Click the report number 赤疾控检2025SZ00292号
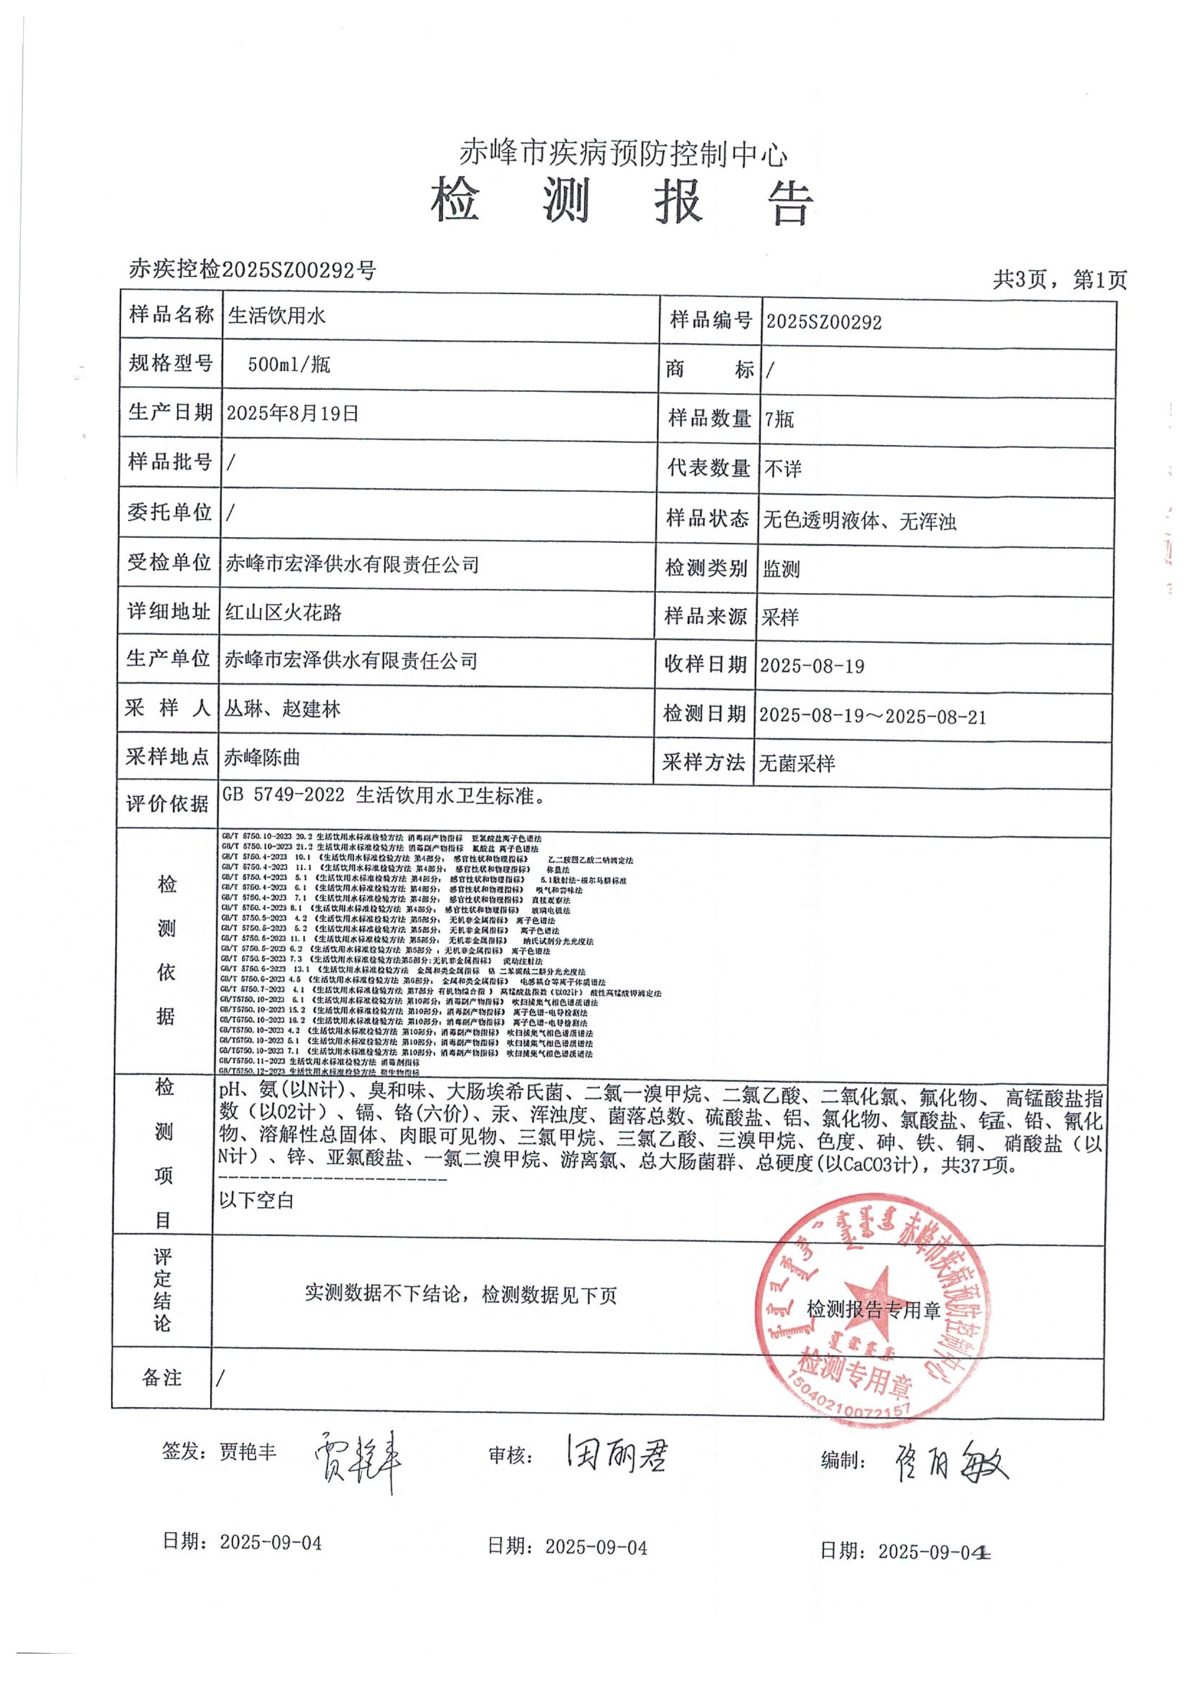[252, 270]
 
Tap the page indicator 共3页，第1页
[1059, 279]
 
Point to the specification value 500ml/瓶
[288, 365]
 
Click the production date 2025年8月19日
[293, 413]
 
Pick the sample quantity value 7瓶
[779, 418]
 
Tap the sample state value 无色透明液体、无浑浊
[860, 521]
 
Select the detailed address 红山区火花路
[283, 612]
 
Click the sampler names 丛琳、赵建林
[282, 709]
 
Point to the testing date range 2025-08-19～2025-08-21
[872, 715]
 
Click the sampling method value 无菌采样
[796, 764]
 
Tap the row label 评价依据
[167, 804]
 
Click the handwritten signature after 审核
[616, 1451]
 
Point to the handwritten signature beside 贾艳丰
[359, 1455]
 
